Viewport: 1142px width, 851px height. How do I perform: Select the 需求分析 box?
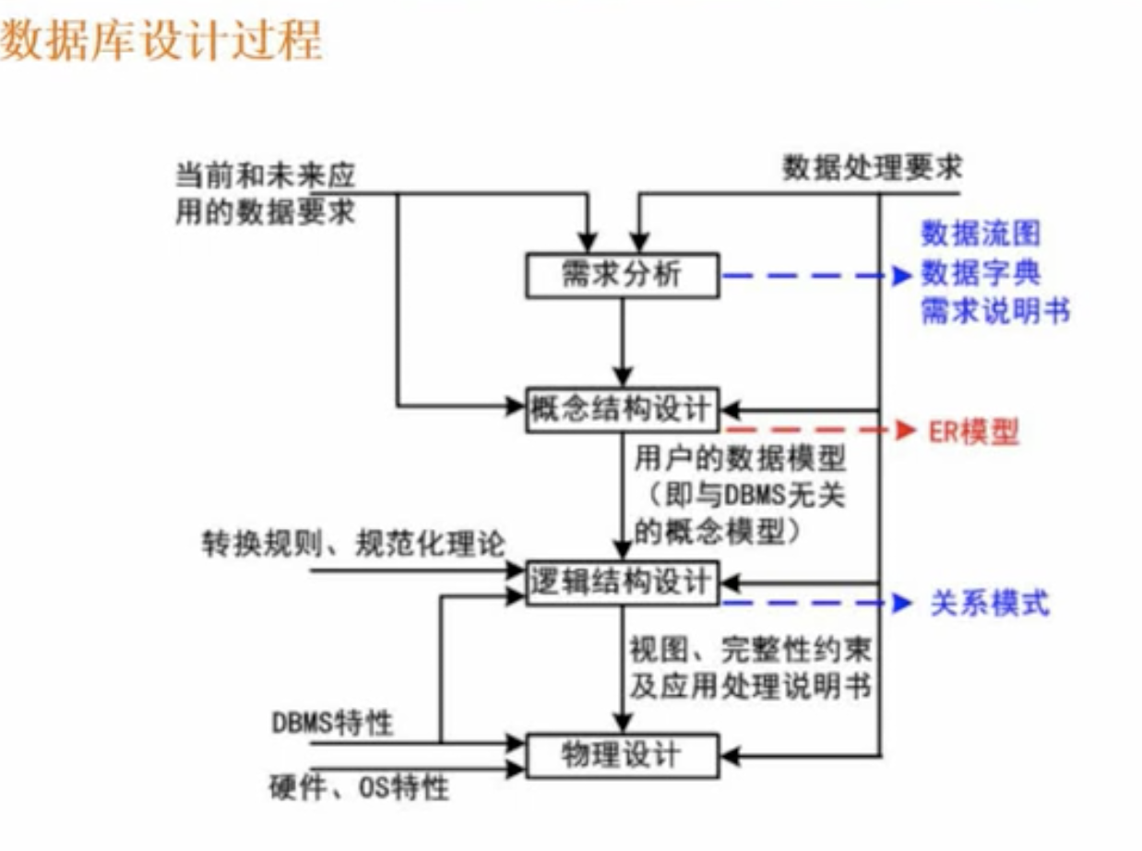click(x=622, y=275)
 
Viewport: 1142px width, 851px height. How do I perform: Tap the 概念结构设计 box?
click(x=622, y=409)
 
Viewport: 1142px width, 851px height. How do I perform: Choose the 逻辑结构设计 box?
click(x=622, y=581)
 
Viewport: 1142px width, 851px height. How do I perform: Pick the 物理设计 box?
click(x=622, y=756)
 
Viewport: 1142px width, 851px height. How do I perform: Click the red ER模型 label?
click(x=972, y=432)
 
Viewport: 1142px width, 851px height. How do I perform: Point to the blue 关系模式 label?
click(x=990, y=605)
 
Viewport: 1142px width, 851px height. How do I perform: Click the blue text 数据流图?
click(x=980, y=234)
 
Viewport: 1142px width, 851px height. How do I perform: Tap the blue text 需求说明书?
click(x=995, y=312)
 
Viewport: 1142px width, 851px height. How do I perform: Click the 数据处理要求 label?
click(x=872, y=168)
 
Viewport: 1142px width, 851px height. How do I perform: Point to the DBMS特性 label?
click(x=332, y=722)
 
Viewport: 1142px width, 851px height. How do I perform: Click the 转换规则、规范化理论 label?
click(x=353, y=544)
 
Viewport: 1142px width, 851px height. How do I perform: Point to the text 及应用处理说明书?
click(x=751, y=687)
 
